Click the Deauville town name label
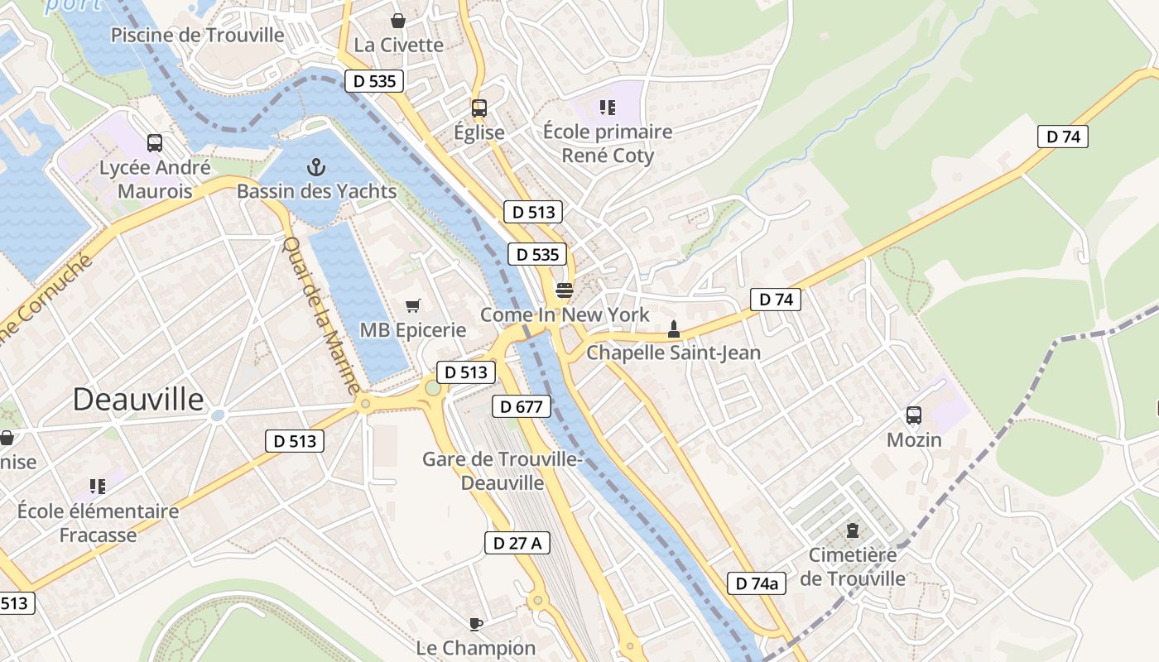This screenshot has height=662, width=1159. coord(138,400)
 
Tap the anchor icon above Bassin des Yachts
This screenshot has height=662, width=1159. coord(315,168)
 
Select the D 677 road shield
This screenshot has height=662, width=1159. coord(522,406)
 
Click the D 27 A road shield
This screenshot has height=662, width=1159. coord(517,543)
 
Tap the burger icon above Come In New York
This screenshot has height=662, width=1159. coord(565,290)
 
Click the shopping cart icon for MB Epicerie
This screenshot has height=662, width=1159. coord(412,306)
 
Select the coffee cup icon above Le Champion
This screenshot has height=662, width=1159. coord(475,624)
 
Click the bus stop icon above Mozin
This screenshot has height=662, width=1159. coord(914,415)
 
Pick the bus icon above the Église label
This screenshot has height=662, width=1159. coord(479,108)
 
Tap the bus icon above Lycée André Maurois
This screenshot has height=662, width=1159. coord(155,143)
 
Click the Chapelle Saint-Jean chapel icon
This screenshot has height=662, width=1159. coord(674,329)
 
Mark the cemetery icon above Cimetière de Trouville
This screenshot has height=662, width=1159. coord(853,530)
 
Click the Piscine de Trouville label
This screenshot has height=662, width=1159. coord(197,36)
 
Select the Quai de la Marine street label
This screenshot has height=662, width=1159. coord(322,315)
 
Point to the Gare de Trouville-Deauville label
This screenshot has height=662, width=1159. coord(503,471)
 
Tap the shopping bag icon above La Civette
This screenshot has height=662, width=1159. coord(398,21)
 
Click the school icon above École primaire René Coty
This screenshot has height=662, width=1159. coord(608,107)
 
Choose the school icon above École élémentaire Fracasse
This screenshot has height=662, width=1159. coord(98,487)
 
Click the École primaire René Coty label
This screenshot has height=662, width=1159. coord(608,144)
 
